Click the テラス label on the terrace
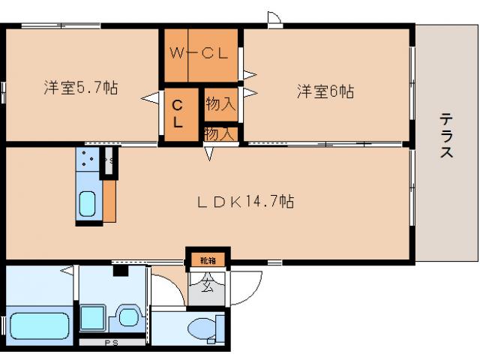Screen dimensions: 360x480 coord(445,136)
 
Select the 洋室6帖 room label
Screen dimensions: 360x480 coord(325,91)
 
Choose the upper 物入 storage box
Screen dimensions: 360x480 coord(220,104)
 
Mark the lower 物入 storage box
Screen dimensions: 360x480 coord(220,133)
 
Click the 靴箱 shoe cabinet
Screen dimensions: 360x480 coord(208,260)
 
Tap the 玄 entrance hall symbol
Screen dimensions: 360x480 coord(206,285)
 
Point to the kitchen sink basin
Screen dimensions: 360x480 coord(87,203)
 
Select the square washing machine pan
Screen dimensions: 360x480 coord(94,317)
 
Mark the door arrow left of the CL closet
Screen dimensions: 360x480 coord(152,97)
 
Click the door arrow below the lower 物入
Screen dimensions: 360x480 coord(211,154)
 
